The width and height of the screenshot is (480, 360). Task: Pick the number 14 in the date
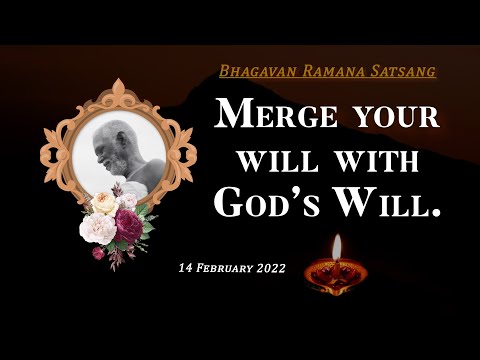(x=186, y=269)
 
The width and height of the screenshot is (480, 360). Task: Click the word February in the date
(x=225, y=269)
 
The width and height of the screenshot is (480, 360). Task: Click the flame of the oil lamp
(x=336, y=247)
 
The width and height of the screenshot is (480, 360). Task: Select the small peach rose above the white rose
(x=105, y=202)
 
